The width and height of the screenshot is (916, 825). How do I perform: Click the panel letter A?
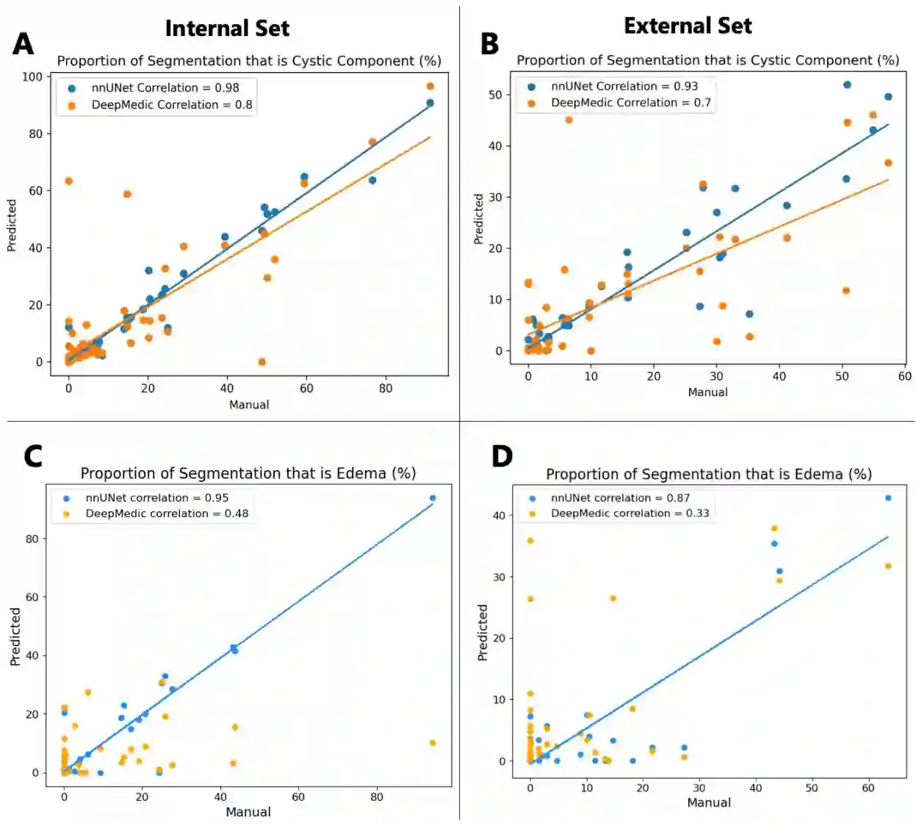[x=24, y=44]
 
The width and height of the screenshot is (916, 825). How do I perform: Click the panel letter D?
[x=502, y=456]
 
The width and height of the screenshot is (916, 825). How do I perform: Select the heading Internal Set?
[x=227, y=28]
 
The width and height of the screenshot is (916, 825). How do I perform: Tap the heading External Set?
[x=688, y=26]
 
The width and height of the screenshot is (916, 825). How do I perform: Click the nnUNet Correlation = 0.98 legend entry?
[x=165, y=87]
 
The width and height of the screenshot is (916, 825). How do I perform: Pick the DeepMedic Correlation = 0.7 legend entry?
[x=630, y=103]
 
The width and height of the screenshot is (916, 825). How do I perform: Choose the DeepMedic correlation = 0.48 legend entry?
[x=166, y=514]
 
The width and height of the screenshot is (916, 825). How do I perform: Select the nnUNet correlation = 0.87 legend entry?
[x=619, y=497]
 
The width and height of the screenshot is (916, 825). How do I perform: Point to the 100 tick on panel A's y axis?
[x=32, y=76]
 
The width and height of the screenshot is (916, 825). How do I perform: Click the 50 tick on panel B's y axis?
[x=495, y=95]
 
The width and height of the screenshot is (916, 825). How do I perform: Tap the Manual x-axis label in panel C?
[x=248, y=812]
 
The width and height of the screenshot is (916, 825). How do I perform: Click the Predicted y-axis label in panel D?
[x=483, y=633]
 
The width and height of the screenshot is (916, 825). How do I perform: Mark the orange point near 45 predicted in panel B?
[x=569, y=120]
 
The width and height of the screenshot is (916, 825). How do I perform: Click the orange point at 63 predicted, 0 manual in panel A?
[x=69, y=181]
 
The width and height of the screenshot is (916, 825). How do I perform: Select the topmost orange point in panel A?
[x=430, y=86]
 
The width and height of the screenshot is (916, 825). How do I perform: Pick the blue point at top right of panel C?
[x=433, y=498]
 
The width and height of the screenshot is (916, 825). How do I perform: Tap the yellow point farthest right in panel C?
[x=433, y=743]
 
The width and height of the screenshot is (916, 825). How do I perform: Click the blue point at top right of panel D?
[x=888, y=497]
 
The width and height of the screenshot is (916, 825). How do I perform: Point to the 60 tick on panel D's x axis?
[x=868, y=788]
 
